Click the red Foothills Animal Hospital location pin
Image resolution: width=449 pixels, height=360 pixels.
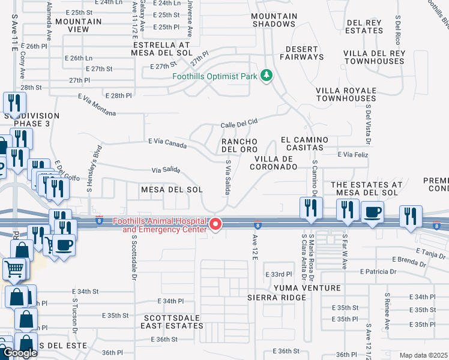tap(216, 225)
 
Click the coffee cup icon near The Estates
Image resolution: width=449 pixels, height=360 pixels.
tap(372, 212)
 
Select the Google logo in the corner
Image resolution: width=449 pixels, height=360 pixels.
tap(20, 353)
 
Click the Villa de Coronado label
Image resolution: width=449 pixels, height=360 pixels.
tap(276, 163)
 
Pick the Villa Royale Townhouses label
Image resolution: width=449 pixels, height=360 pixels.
tap(346, 94)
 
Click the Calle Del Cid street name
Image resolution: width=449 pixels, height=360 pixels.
tap(239, 122)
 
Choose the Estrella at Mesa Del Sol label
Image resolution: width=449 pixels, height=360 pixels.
tap(161, 49)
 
